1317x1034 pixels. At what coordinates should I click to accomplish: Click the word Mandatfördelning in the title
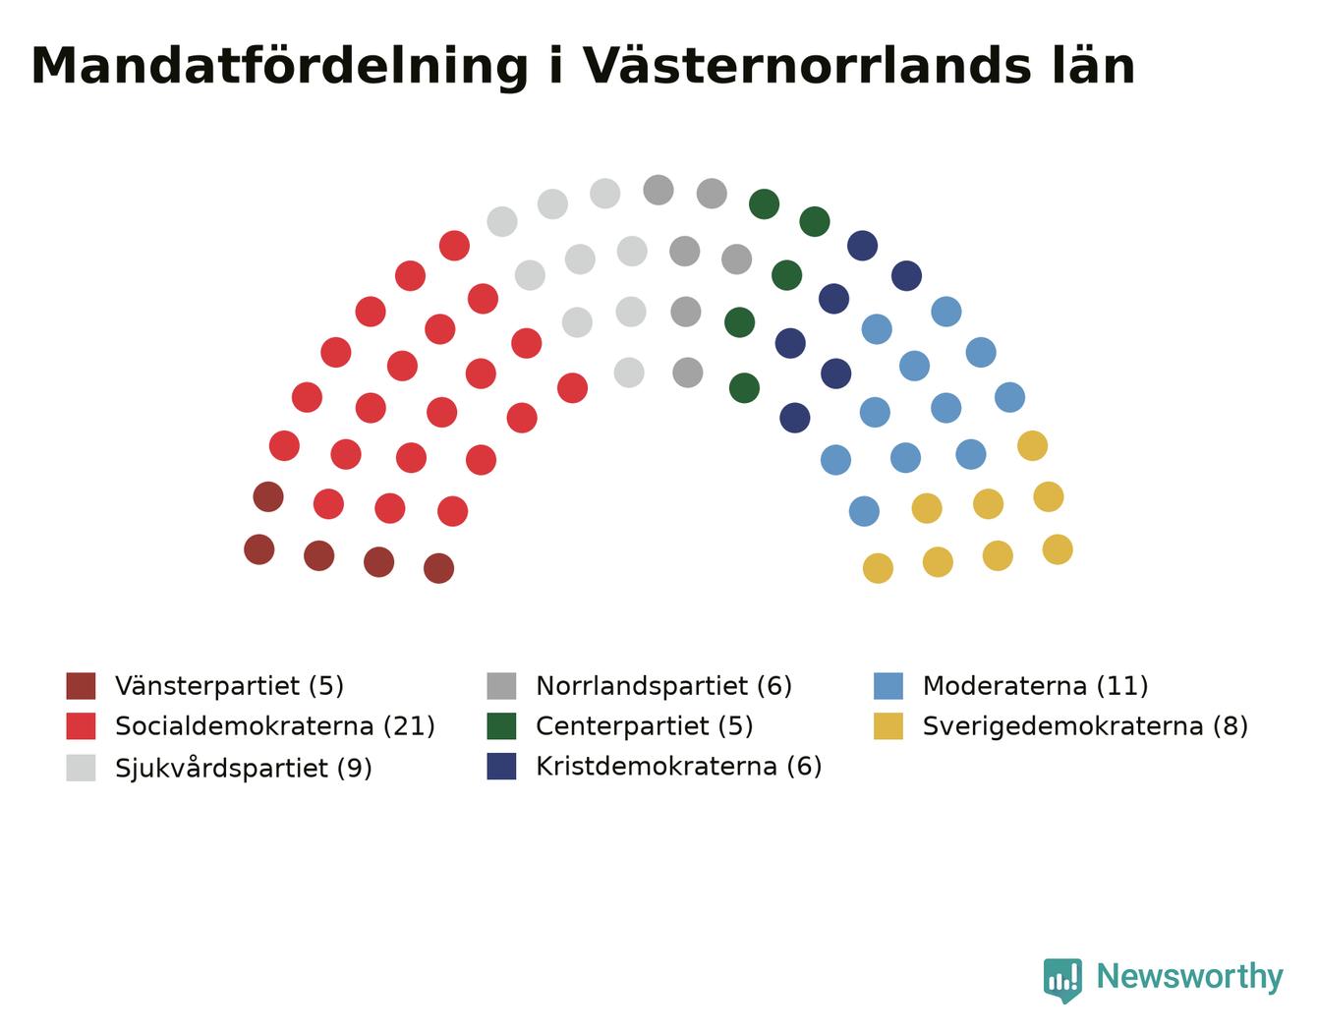pyautogui.click(x=279, y=67)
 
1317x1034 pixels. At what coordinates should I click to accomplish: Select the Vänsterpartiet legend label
pyautogui.click(x=207, y=687)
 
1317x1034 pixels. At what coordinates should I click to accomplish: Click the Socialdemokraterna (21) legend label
pyautogui.click(x=275, y=726)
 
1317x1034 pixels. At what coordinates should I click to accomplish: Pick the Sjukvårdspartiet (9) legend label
pyautogui.click(x=244, y=769)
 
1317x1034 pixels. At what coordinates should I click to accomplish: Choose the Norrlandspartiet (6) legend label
pyautogui.click(x=664, y=687)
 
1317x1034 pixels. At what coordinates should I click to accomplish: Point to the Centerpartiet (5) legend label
pyautogui.click(x=645, y=726)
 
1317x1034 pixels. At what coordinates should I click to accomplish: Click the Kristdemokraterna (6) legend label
pyautogui.click(x=679, y=767)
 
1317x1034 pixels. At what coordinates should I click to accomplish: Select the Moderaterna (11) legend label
pyautogui.click(x=1035, y=686)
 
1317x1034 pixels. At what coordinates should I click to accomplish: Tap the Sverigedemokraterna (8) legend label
pyautogui.click(x=1085, y=726)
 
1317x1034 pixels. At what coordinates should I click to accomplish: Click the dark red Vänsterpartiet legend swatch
pyautogui.click(x=81, y=686)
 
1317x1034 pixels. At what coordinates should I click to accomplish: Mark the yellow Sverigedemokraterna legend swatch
pyautogui.click(x=888, y=726)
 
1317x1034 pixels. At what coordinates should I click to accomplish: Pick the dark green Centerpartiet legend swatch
pyautogui.click(x=501, y=726)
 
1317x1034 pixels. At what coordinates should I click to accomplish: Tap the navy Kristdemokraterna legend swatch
pyautogui.click(x=501, y=766)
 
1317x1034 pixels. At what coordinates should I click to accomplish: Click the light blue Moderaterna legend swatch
pyautogui.click(x=888, y=686)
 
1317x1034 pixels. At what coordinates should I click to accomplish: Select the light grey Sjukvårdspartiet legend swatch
pyautogui.click(x=81, y=768)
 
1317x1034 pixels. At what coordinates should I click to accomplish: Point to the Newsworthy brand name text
pyautogui.click(x=1190, y=977)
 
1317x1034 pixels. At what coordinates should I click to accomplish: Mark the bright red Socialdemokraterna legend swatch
pyautogui.click(x=81, y=726)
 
